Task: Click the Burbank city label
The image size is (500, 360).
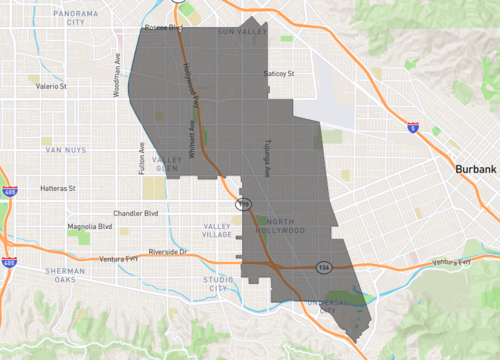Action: click(x=473, y=171)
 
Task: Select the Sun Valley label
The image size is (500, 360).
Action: click(x=237, y=32)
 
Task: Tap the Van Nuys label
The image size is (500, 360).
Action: click(x=67, y=150)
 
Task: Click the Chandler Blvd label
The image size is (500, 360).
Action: click(x=137, y=213)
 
